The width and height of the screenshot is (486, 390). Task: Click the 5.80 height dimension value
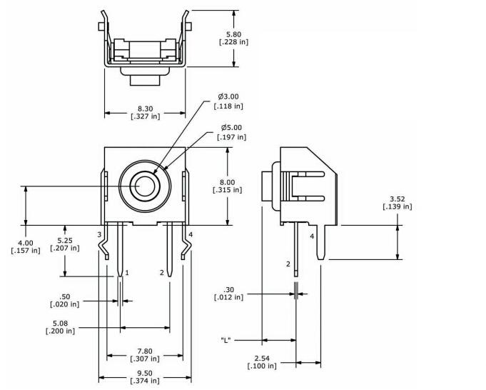[x=233, y=34]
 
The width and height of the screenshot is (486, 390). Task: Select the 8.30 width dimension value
[x=146, y=109]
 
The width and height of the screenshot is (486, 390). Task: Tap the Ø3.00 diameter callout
[x=228, y=96]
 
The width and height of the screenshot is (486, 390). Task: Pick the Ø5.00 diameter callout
[x=231, y=128]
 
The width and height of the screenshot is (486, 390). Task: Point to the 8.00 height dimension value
[x=227, y=182]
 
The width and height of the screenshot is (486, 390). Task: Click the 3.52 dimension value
[x=398, y=199]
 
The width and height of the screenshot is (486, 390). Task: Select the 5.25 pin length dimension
[x=65, y=241]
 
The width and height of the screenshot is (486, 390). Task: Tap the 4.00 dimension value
[x=26, y=243]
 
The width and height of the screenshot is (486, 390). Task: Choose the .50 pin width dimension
[x=64, y=296]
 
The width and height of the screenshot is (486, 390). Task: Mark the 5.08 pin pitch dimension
[x=60, y=324]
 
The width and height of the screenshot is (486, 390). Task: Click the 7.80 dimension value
[x=145, y=351]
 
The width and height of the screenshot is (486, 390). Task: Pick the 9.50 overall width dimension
[x=145, y=374]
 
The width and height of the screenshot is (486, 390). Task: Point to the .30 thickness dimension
[x=228, y=290]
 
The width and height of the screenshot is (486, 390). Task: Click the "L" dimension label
[x=226, y=340]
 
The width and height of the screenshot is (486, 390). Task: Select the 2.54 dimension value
[x=262, y=359]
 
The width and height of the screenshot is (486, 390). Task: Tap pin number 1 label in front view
[x=127, y=273]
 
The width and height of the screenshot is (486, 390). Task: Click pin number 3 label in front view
[x=99, y=234]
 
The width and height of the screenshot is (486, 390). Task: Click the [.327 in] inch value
[x=146, y=116]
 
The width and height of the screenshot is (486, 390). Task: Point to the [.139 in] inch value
[x=398, y=206]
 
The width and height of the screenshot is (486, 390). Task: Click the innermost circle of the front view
[x=145, y=178]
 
